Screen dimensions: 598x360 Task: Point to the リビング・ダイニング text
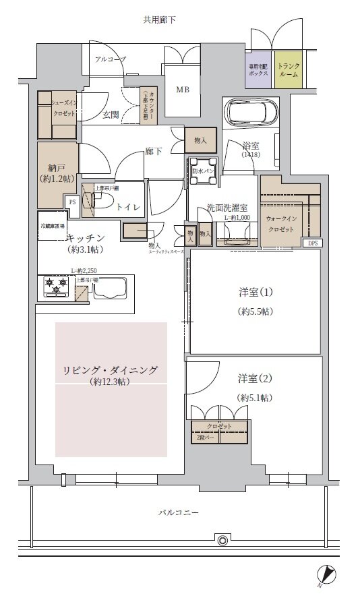[x=111, y=370]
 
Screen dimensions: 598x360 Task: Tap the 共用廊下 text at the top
[x=159, y=20]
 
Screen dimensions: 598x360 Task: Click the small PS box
[x=71, y=201]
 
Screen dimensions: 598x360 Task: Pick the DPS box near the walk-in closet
[x=313, y=243]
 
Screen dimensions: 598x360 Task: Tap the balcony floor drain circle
[x=221, y=539]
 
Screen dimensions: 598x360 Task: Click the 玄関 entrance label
[x=111, y=115]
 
